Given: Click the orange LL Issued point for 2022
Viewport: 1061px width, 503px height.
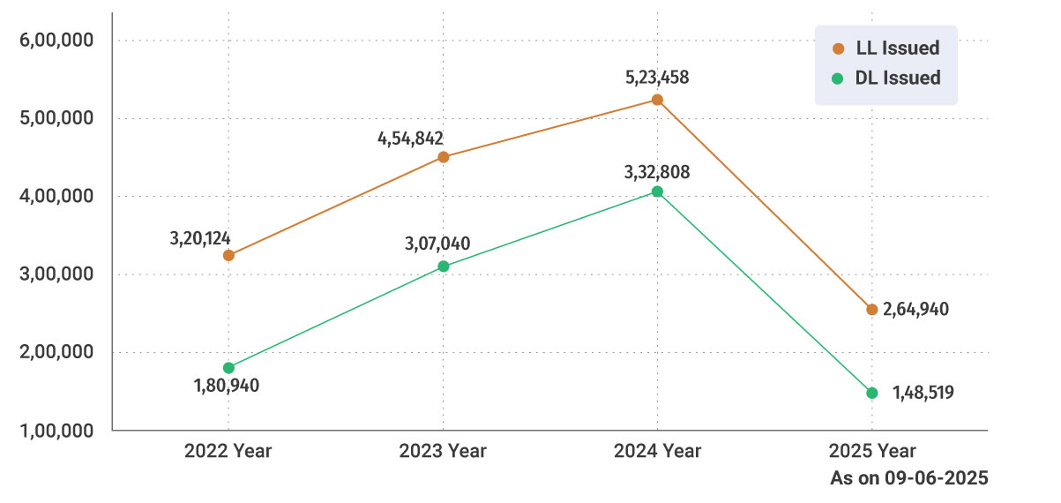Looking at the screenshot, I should click(228, 255).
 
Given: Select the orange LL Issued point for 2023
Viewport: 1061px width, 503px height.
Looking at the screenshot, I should click(444, 157).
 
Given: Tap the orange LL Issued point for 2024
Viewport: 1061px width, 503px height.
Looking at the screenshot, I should click(657, 100).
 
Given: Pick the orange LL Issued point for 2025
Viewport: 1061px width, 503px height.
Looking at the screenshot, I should click(871, 309).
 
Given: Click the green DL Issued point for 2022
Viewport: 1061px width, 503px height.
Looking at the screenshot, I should click(228, 367).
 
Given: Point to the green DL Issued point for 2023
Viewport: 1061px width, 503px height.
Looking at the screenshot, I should click(444, 266).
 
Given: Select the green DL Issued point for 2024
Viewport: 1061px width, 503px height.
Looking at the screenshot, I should click(657, 191).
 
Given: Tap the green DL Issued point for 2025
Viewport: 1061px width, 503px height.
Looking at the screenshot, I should click(871, 393).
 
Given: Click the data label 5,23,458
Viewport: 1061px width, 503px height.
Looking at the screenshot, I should click(657, 78).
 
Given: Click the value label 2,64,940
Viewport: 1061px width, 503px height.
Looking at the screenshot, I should click(916, 310).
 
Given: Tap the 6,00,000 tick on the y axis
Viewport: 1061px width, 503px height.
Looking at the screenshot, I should click(56, 41).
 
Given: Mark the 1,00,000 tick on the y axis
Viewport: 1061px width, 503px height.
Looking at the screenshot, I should click(56, 431).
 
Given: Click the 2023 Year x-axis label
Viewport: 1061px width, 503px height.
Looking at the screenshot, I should click(443, 451).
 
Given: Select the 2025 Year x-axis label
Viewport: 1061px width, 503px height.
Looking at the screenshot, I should click(872, 451).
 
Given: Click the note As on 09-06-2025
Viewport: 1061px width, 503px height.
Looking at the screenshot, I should click(908, 478).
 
